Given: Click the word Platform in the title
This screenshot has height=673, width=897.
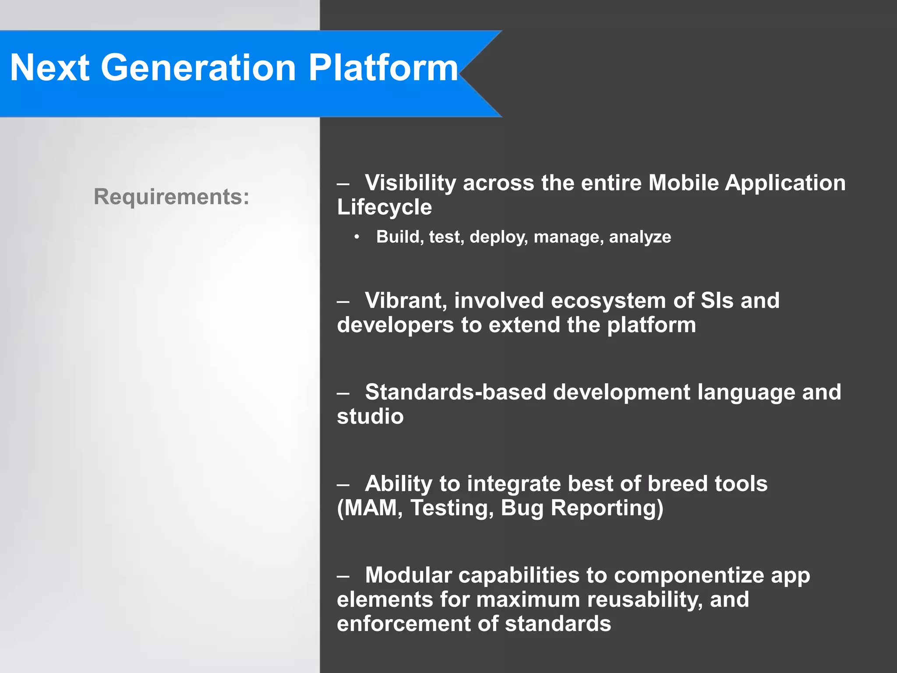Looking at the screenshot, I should pyautogui.click(x=383, y=68).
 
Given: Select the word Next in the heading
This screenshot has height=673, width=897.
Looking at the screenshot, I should pyautogui.click(x=49, y=68).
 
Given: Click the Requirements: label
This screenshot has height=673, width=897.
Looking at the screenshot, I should pyautogui.click(x=171, y=197).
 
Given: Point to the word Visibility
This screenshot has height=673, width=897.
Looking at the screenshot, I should pyautogui.click(x=410, y=183).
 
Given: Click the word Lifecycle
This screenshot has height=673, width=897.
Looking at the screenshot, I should pyautogui.click(x=384, y=207).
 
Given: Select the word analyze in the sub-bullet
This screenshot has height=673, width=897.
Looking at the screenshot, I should pyautogui.click(x=639, y=237).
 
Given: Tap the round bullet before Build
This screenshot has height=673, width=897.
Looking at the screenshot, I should pyautogui.click(x=357, y=237).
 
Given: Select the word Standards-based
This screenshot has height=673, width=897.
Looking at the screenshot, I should pyautogui.click(x=456, y=392).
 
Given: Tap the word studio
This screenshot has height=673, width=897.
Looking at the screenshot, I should pyautogui.click(x=370, y=416).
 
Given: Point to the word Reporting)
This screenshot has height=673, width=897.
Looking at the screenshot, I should pyautogui.click(x=607, y=508).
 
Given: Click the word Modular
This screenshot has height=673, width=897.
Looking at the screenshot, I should pyautogui.click(x=408, y=575).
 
